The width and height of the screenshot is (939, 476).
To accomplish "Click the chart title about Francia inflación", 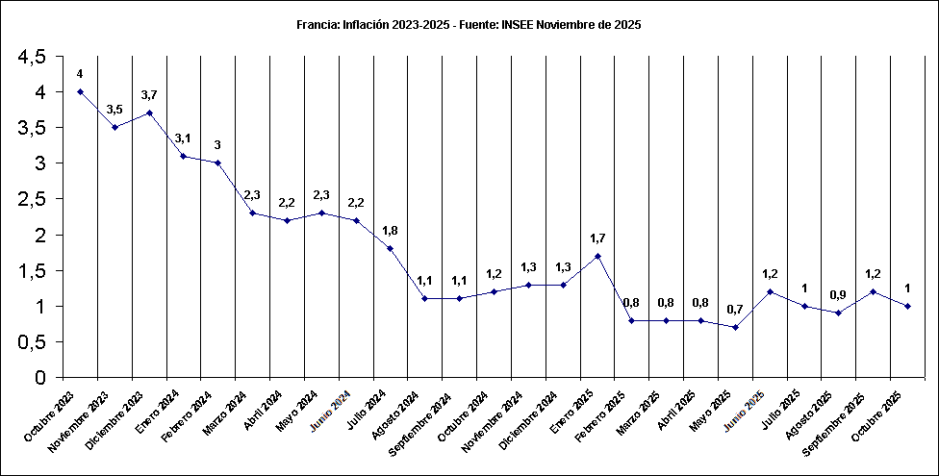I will pyautogui.click(x=469, y=25).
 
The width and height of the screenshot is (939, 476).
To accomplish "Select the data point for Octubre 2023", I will pyautogui.click(x=80, y=92).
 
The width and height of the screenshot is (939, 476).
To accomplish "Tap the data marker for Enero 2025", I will pyautogui.click(x=597, y=256).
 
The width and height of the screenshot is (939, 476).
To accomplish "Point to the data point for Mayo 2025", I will pyautogui.click(x=735, y=327).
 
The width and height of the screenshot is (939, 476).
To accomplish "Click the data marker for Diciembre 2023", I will pyautogui.click(x=149, y=113).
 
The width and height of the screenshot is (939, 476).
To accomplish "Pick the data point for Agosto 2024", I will pyautogui.click(x=424, y=298).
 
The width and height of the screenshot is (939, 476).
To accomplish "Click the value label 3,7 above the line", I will pyautogui.click(x=149, y=95).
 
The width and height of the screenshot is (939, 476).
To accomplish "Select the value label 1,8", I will pyautogui.click(x=390, y=231).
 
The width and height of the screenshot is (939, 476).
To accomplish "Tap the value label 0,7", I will pyautogui.click(x=735, y=310).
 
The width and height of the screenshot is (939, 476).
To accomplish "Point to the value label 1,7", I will pyautogui.click(x=597, y=238).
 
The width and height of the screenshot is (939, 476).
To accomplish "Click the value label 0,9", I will pyautogui.click(x=839, y=295).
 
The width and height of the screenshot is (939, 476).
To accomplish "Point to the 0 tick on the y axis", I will pyautogui.click(x=39, y=378).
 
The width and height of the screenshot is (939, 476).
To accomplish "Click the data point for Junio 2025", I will pyautogui.click(x=770, y=291).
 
